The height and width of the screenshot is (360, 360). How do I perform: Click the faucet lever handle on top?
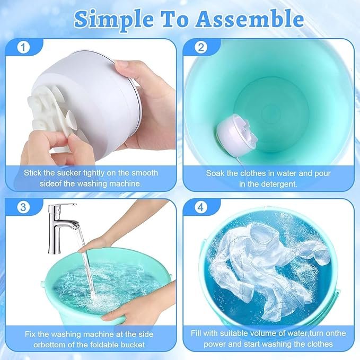[64, 205]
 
